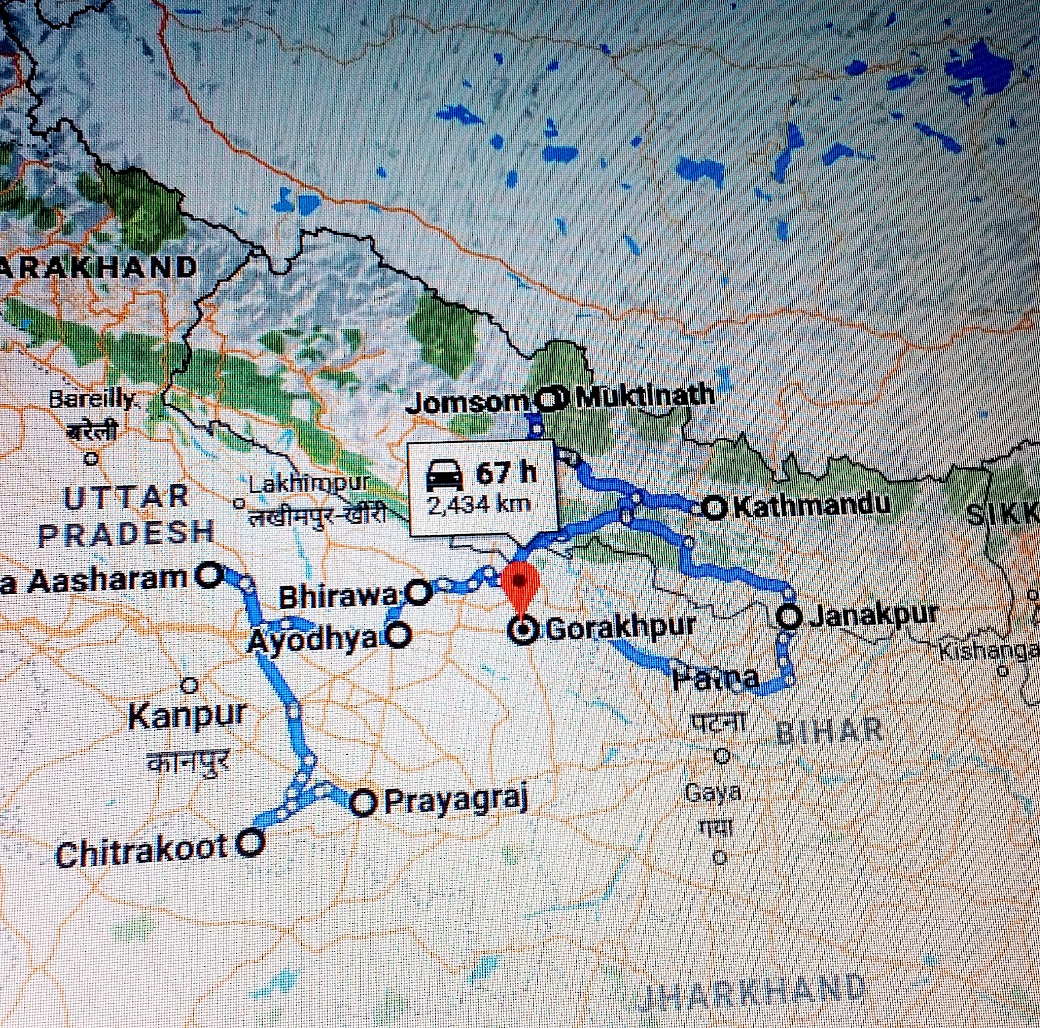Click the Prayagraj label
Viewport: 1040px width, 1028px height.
click(x=455, y=800)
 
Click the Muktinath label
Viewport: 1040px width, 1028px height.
click(x=645, y=396)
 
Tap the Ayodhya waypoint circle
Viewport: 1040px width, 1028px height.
click(x=398, y=634)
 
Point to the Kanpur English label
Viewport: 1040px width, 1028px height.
click(x=187, y=716)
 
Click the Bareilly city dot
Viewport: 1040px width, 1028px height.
click(x=92, y=459)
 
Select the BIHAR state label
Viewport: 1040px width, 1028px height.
click(x=829, y=731)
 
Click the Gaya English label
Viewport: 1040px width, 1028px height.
click(x=713, y=793)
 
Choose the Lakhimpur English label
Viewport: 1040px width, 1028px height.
click(x=309, y=483)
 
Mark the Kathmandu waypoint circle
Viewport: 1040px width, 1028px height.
click(x=714, y=507)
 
